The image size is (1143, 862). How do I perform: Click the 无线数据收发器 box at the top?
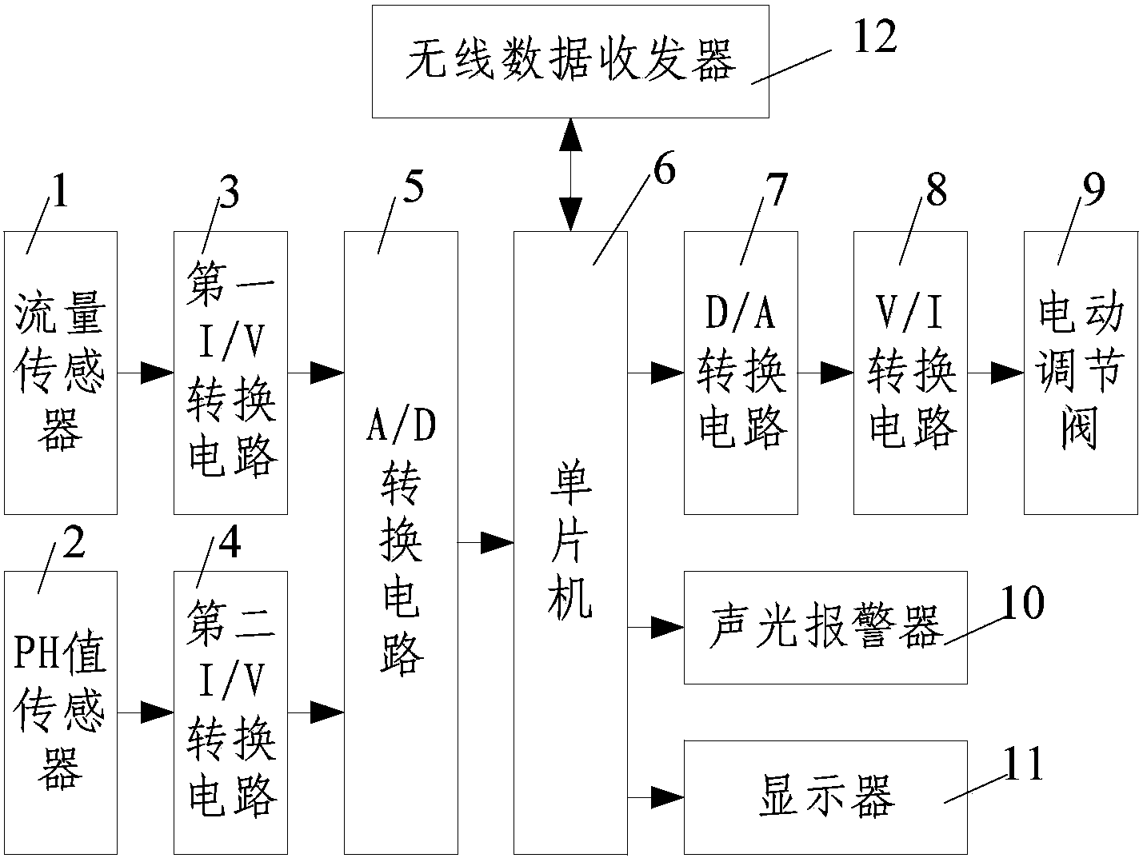point(570,62)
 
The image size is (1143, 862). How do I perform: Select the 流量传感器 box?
point(61,373)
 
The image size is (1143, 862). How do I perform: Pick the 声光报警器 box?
point(825,628)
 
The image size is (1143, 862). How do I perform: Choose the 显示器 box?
point(825,797)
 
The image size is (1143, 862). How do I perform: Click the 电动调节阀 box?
point(1081,373)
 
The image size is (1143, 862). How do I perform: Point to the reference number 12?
point(875,38)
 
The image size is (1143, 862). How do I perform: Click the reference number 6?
point(663,171)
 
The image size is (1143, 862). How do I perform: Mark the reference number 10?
point(1021,603)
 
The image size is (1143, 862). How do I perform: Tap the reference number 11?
point(1023,764)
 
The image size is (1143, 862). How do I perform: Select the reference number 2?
point(73,545)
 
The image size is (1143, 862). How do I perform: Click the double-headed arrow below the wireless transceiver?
point(570,174)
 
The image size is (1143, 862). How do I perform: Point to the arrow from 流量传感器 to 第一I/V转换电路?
point(146,373)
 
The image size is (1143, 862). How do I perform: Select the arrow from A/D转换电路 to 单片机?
point(486,543)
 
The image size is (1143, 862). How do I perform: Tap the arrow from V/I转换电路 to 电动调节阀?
point(996,373)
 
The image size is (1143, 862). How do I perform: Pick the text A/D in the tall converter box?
point(401,428)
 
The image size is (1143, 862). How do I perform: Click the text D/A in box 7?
point(740,314)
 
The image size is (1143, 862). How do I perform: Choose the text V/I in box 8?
point(910,314)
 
